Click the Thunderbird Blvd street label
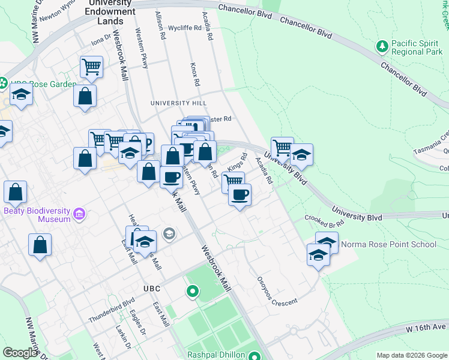point(112,310)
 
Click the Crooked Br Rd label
point(324,221)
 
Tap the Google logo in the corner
point(20,352)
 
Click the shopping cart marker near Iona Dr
point(91,67)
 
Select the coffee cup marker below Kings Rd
point(240,195)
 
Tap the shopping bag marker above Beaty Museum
point(16,193)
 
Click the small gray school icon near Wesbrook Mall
point(169,233)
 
